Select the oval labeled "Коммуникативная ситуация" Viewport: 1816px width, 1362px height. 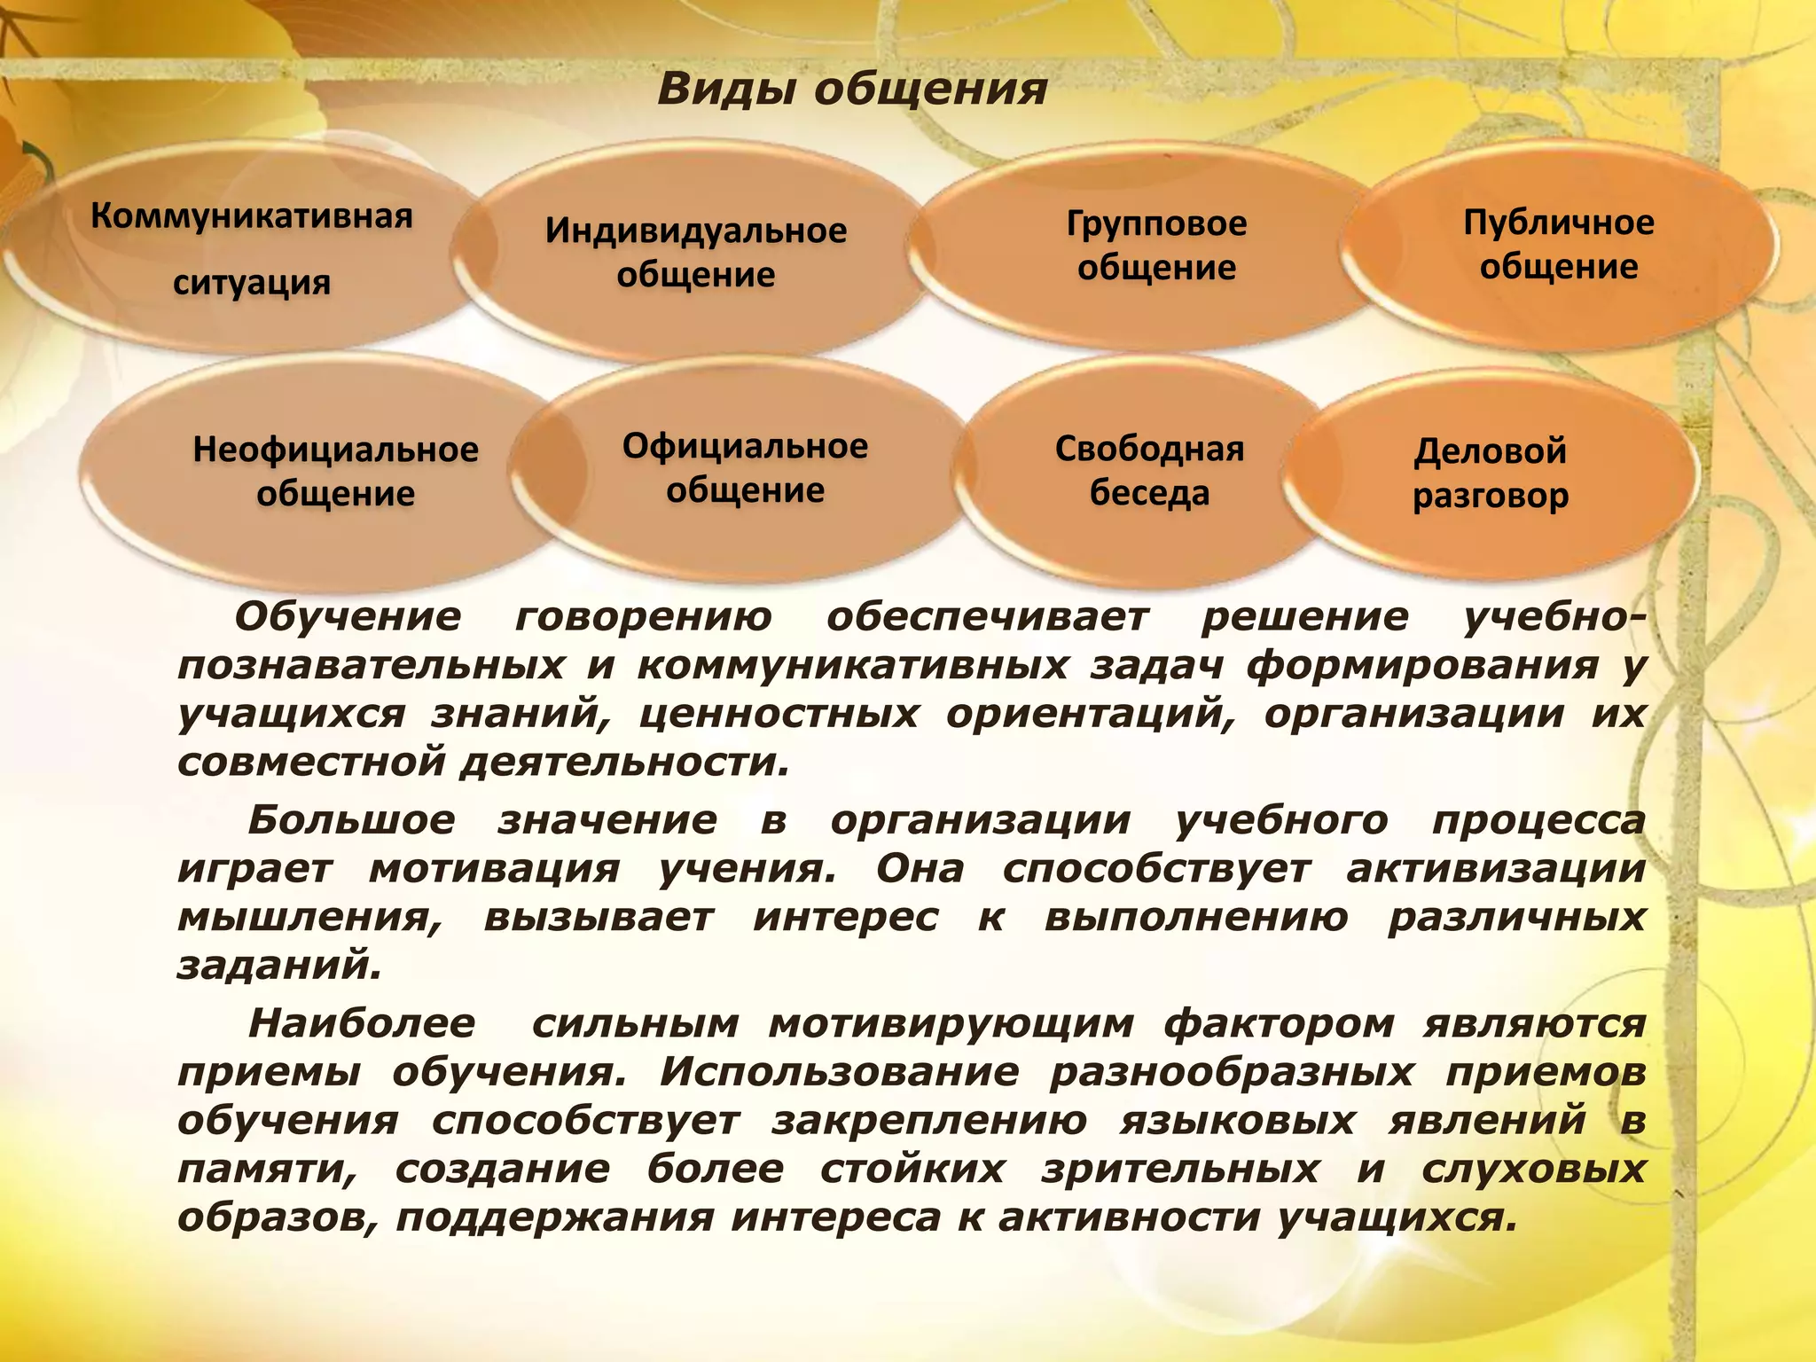pyautogui.click(x=252, y=249)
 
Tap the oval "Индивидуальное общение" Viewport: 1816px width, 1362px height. pyautogui.click(x=696, y=253)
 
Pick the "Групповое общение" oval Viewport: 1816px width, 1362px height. pyautogui.click(x=1156, y=246)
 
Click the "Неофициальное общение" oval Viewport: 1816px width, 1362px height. pyautogui.click(x=335, y=471)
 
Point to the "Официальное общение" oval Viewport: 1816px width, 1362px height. pyautogui.click(x=745, y=467)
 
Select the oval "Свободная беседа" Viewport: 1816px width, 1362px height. pyautogui.click(x=1149, y=471)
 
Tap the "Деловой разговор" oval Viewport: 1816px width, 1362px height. pyautogui.click(x=1490, y=473)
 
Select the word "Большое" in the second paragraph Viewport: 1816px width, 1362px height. pyautogui.click(x=351, y=820)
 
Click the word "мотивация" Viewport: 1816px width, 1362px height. pyautogui.click(x=495, y=869)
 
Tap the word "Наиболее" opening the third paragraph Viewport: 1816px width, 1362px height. pyautogui.click(x=362, y=1024)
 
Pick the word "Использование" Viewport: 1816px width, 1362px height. pyautogui.click(x=839, y=1073)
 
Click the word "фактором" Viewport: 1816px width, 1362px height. pyautogui.click(x=1279, y=1024)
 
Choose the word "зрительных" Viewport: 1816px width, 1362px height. pyautogui.click(x=1180, y=1170)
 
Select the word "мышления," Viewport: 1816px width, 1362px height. pyautogui.click(x=309, y=917)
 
